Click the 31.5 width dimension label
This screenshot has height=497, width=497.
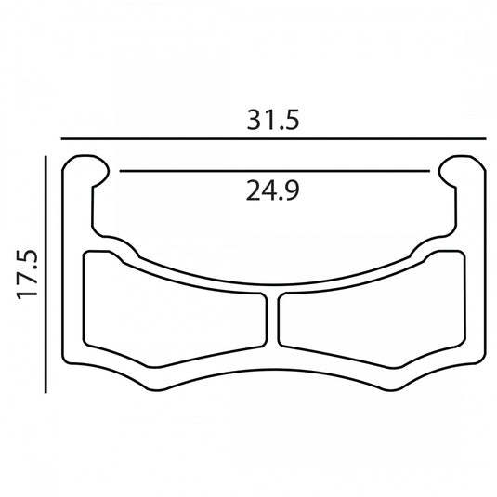pos(273,120)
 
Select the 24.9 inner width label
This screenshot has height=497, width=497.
pos(272,190)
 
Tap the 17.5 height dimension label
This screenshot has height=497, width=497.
pos(27,274)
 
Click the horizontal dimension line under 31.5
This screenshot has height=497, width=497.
pos(273,138)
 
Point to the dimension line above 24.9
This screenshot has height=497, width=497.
pos(274,171)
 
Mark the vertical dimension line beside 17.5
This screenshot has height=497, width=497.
pos(46,274)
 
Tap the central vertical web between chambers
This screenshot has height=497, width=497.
pos(272,320)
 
